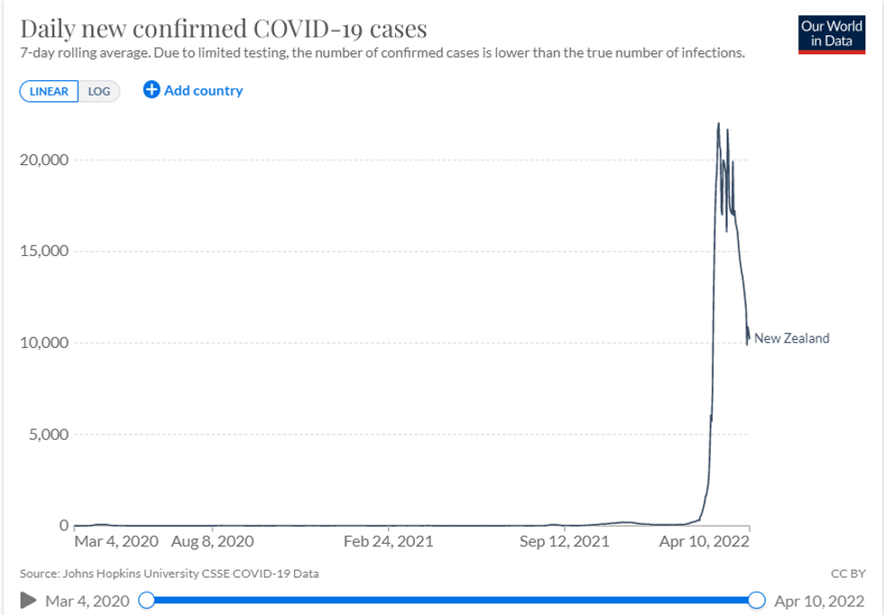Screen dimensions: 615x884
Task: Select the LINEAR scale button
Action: point(50,91)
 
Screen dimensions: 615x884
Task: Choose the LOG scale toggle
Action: point(99,91)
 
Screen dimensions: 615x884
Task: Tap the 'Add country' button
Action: point(193,90)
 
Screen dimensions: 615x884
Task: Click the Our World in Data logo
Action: point(832,33)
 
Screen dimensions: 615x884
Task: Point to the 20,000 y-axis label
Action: point(44,161)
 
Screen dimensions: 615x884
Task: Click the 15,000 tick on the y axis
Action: point(44,252)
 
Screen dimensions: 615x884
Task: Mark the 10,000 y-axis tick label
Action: point(44,343)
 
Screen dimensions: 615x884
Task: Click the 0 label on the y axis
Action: point(64,525)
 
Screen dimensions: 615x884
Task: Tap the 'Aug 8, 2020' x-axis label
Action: point(212,542)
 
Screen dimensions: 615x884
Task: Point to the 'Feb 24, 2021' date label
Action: point(389,542)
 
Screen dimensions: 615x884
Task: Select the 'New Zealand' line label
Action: point(791,339)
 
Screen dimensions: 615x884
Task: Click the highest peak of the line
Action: point(718,124)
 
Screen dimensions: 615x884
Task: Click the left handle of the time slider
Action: point(147,601)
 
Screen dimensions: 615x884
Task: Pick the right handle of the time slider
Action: point(757,601)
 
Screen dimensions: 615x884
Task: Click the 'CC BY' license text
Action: point(848,573)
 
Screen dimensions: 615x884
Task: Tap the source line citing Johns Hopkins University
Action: point(169,573)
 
